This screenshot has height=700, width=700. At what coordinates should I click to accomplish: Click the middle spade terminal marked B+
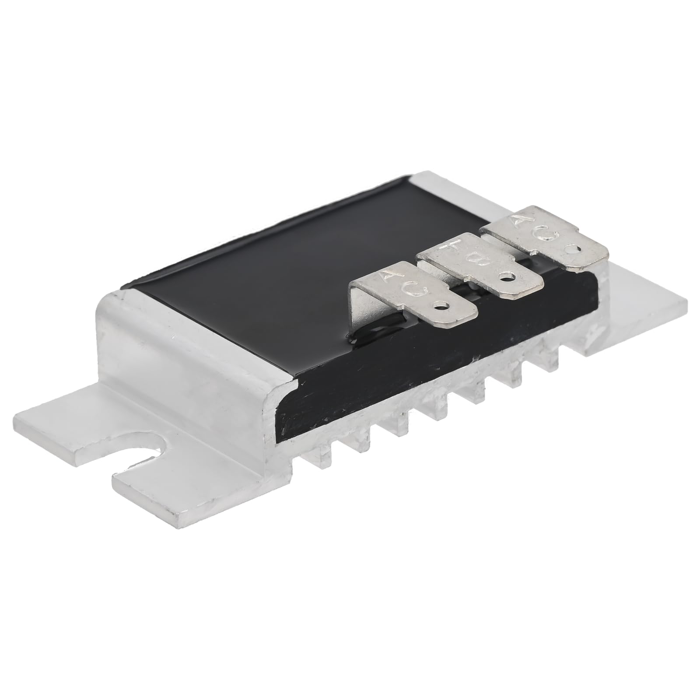[x=486, y=267]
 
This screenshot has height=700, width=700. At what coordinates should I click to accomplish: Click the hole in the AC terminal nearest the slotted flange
[x=443, y=307]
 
